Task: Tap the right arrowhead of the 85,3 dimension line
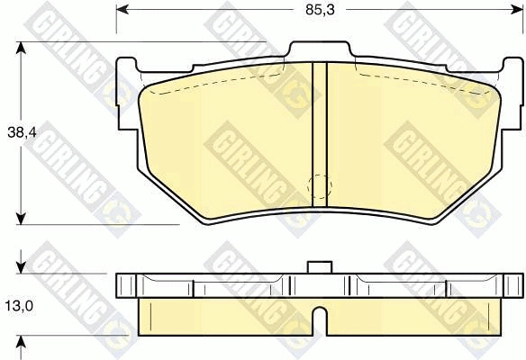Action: (518, 11)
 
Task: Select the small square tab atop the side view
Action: (317, 266)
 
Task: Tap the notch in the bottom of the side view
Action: (318, 319)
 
